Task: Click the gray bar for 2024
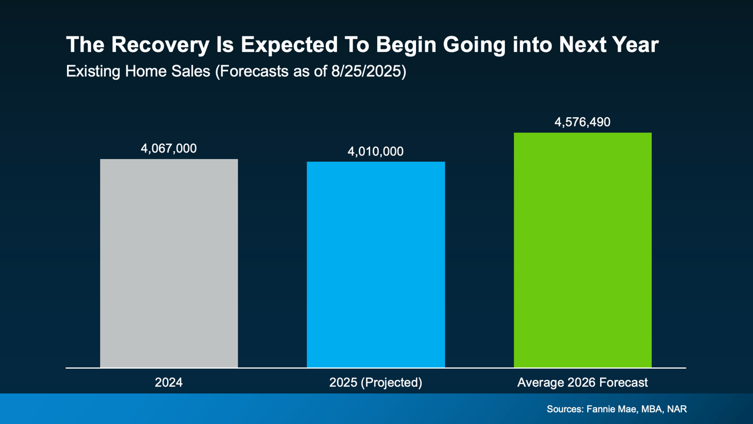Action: (x=169, y=263)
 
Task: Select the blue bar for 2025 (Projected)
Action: (x=375, y=264)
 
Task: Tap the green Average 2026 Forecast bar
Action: (x=582, y=250)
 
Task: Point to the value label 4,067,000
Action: (x=169, y=148)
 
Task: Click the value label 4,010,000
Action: (x=375, y=151)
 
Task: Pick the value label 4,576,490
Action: (x=582, y=122)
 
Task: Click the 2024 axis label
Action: (x=169, y=383)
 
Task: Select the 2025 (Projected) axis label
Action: (x=375, y=383)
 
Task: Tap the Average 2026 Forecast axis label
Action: (x=582, y=383)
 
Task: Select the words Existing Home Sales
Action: (x=138, y=72)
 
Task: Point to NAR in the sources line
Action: (x=677, y=409)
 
